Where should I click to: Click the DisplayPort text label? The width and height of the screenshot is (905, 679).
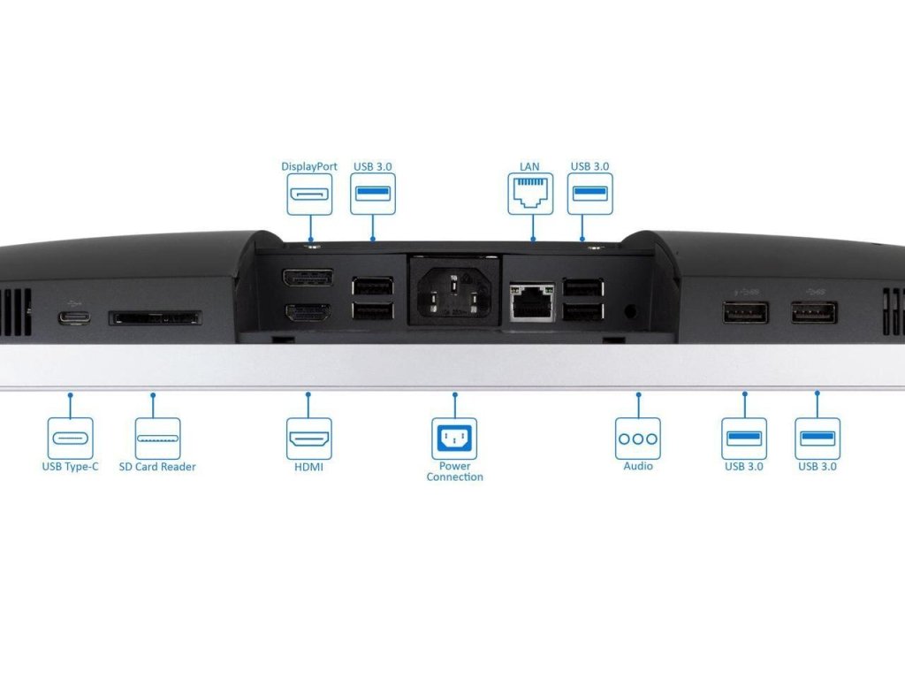pos(309,166)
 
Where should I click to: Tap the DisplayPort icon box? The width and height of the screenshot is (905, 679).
pos(309,195)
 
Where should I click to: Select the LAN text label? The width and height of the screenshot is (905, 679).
pos(530,166)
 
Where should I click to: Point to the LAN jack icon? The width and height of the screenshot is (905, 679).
pos(530,195)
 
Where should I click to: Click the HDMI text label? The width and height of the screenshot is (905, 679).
pos(308,467)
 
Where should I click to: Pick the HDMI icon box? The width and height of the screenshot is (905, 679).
pos(308,439)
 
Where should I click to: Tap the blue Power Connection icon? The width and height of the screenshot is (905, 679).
pos(454,439)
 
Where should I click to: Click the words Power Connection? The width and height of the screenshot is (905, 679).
pos(454,471)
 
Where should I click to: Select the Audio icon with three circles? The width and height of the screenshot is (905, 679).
pos(638,439)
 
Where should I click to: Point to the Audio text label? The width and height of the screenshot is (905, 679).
pos(638,467)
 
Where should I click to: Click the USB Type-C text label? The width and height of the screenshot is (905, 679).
pos(70,467)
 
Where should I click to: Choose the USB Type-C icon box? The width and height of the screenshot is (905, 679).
pos(70,439)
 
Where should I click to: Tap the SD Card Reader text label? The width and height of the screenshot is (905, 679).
pos(157,467)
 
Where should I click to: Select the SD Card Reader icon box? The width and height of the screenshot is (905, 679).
pos(157,439)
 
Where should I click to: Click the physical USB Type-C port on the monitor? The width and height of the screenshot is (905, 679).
pos(72,317)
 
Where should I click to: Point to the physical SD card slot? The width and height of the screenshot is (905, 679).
pos(155,317)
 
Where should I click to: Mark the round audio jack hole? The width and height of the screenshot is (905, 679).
pos(629,311)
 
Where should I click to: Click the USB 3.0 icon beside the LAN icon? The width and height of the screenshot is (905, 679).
pos(589,195)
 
